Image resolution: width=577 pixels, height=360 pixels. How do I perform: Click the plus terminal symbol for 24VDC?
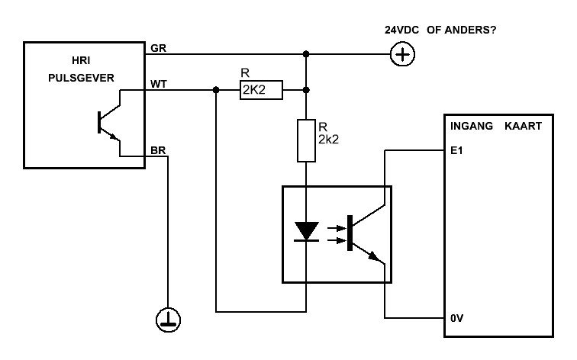click(x=402, y=54)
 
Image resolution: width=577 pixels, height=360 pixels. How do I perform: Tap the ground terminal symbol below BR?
click(x=168, y=320)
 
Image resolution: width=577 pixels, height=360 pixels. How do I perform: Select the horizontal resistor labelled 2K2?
click(x=261, y=90)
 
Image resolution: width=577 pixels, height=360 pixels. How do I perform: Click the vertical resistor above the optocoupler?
click(x=306, y=140)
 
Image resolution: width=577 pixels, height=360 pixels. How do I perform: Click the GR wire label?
click(x=158, y=48)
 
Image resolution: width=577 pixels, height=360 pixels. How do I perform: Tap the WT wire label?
click(x=159, y=84)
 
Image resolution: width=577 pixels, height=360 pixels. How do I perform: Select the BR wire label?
click(x=158, y=150)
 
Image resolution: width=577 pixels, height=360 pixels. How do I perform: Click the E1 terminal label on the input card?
click(x=456, y=150)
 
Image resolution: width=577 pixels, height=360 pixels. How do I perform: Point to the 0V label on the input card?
click(x=456, y=318)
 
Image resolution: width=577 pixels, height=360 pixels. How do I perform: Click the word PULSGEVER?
click(x=81, y=78)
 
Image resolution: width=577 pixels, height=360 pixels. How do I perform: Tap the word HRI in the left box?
click(x=81, y=60)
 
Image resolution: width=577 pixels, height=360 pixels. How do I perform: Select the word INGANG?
click(x=472, y=126)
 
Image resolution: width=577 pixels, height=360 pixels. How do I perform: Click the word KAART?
click(x=523, y=126)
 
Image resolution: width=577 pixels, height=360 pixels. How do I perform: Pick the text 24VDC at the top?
click(x=401, y=31)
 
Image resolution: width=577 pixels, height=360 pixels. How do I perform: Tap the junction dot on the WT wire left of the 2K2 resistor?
click(x=216, y=90)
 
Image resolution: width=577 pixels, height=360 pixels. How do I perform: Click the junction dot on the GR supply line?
click(x=306, y=54)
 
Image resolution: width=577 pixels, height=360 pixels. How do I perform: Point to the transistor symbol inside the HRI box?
click(x=109, y=123)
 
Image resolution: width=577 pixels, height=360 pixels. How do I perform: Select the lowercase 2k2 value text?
click(x=328, y=140)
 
